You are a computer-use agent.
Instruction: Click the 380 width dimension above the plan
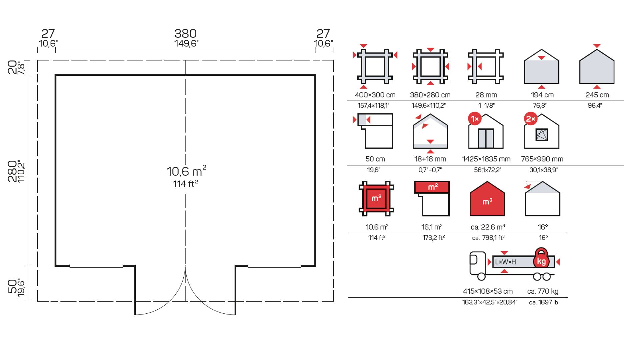click(x=185, y=33)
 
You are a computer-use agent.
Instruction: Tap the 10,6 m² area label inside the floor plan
click(x=186, y=171)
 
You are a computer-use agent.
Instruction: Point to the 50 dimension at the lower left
click(x=12, y=286)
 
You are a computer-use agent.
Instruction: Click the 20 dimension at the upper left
click(x=12, y=67)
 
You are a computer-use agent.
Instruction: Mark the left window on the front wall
click(x=96, y=266)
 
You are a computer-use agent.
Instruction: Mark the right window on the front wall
click(x=274, y=266)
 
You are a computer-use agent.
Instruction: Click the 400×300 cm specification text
click(x=375, y=95)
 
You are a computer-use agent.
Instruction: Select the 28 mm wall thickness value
click(x=486, y=95)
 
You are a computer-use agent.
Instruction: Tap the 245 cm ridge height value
click(x=597, y=95)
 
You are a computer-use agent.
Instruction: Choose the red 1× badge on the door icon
click(x=475, y=119)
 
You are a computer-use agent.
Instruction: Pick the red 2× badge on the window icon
click(x=530, y=119)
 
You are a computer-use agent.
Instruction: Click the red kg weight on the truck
click(x=541, y=259)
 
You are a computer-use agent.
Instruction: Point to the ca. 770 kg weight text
click(x=543, y=291)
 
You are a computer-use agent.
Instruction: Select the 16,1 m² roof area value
click(x=432, y=227)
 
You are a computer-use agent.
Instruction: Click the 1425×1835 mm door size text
click(x=486, y=159)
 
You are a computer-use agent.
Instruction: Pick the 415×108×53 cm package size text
click(x=488, y=291)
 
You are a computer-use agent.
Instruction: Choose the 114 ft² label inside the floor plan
click(x=185, y=184)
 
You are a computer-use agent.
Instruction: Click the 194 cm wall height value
click(x=542, y=95)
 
